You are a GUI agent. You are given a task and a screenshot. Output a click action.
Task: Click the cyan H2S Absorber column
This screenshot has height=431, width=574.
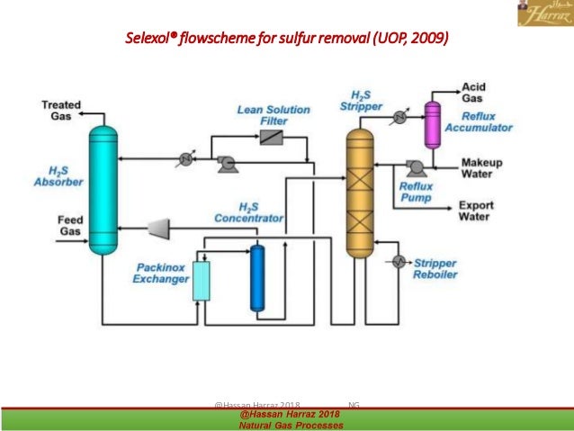(105, 189)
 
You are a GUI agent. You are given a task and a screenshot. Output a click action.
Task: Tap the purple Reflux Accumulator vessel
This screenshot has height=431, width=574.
(433, 122)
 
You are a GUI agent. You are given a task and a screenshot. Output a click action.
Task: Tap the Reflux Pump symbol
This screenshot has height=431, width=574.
(414, 166)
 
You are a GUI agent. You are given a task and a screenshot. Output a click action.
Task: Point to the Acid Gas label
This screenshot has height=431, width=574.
(474, 93)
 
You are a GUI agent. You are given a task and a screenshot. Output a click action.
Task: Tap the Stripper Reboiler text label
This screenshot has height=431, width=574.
(435, 268)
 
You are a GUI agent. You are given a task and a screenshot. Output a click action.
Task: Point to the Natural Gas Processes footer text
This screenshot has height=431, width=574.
(291, 424)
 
